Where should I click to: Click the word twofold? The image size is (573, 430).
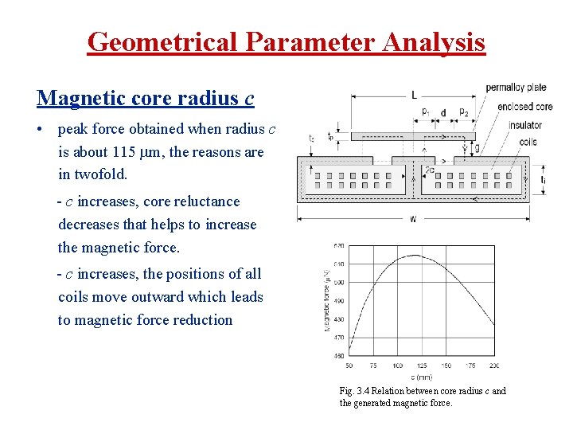pos(101,174)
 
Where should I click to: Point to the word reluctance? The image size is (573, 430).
pos(201,201)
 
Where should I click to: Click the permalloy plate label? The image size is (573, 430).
pos(516,87)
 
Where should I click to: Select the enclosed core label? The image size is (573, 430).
pos(525,106)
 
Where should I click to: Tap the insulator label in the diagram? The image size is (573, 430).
pos(525,125)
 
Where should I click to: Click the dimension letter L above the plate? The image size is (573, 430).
pos(414,95)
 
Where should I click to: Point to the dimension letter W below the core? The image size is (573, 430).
pos(414,220)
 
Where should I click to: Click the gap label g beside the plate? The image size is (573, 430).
pos(477,148)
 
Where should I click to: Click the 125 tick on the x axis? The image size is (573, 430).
pos(421,365)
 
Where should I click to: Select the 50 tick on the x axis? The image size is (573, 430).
pos(349,365)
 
